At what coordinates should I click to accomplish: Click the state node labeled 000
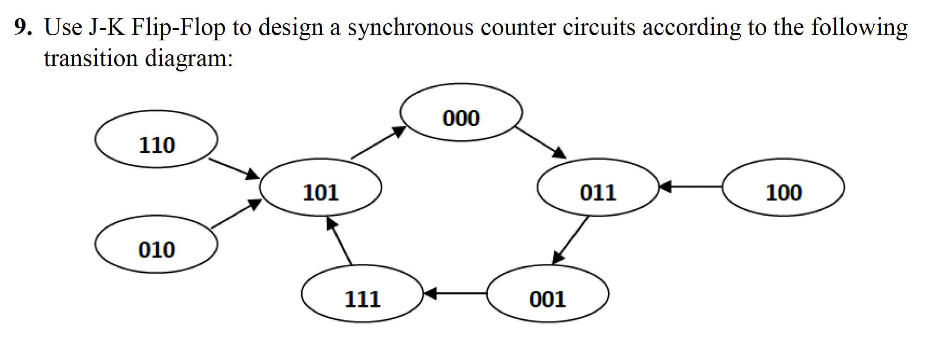tap(461, 113)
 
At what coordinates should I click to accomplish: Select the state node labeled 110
tap(156, 139)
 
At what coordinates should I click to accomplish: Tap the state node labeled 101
tap(320, 187)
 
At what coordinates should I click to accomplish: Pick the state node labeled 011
tap(597, 187)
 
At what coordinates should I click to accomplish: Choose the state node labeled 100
tap(783, 187)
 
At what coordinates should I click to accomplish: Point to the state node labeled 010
tap(156, 244)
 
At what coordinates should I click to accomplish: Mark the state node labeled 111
tap(362, 294)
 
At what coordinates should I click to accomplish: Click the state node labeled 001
tap(547, 294)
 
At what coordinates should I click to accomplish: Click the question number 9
tap(22, 28)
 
